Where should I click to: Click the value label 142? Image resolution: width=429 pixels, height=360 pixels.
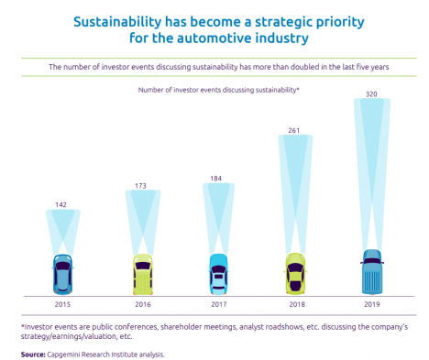pos(60,204)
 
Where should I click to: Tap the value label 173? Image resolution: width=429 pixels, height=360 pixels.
pos(140,186)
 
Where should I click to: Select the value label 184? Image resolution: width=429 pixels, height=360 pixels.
pos(215,179)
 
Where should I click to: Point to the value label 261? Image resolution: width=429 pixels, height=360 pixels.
pos(293,130)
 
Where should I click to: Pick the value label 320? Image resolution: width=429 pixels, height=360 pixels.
pos(371,94)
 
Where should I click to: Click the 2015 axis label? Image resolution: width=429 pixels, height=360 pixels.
pos(62,304)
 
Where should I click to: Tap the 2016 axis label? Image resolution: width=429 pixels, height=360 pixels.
pos(143,304)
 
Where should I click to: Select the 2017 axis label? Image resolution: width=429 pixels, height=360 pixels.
pos(219,304)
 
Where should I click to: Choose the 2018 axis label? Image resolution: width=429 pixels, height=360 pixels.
pos(297,304)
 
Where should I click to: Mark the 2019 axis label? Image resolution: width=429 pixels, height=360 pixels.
pos(372,304)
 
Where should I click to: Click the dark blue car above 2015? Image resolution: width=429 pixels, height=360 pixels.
pos(62,274)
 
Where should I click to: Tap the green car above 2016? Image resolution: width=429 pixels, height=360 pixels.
pos(143,274)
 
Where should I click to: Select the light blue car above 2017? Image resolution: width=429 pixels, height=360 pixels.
pos(219,274)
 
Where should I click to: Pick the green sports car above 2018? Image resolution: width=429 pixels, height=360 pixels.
pos(295,274)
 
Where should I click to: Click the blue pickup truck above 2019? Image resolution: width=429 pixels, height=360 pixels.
pos(372,272)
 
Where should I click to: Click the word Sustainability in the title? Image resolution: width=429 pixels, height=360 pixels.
pos(117,22)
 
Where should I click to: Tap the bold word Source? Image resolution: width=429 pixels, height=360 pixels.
pos(33,355)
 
